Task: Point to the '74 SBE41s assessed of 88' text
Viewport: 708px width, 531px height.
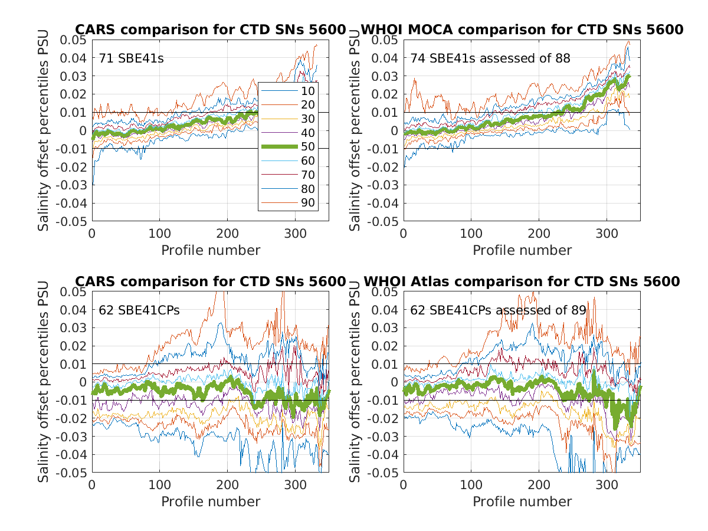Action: pos(490,58)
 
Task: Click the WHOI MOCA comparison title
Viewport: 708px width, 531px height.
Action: pos(522,29)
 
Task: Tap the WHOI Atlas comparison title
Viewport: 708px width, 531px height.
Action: pos(522,281)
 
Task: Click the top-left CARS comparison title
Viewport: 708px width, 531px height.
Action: pos(210,29)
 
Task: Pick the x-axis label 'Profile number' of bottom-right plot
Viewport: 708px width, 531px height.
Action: pos(522,501)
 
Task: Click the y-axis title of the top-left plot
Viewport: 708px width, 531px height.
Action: pos(44,130)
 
